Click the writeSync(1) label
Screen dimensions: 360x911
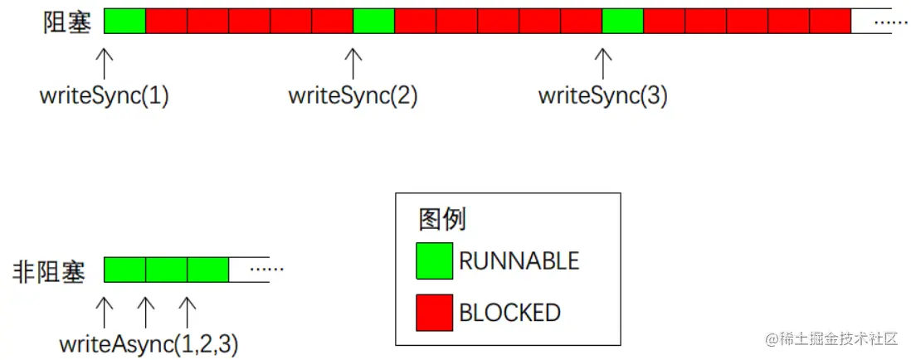tap(104, 96)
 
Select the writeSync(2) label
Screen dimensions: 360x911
tap(353, 96)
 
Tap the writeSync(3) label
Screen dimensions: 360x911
tap(602, 96)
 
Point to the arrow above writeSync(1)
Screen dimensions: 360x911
tap(105, 63)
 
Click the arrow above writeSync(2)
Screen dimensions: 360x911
tap(353, 63)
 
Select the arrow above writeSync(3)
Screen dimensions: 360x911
tap(603, 63)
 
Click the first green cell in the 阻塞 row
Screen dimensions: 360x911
tap(125, 21)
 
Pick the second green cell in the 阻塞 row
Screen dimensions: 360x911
tap(373, 21)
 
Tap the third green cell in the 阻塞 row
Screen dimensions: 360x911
tap(622, 21)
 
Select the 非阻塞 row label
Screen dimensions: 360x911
tap(49, 272)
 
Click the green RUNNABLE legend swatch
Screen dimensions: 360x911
tap(434, 260)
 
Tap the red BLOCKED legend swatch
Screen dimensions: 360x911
tap(434, 312)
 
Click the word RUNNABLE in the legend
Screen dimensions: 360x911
tap(519, 261)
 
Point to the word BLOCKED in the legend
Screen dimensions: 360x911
tap(509, 313)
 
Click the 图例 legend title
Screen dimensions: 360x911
tap(442, 220)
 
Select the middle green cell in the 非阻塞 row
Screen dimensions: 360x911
tap(166, 270)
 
